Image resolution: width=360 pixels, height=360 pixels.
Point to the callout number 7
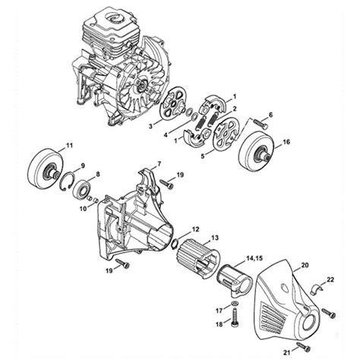pyautogui.click(x=159, y=164)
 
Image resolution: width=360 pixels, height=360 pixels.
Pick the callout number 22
pyautogui.click(x=330, y=281)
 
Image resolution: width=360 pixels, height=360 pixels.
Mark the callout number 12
pyautogui.click(x=196, y=229)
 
